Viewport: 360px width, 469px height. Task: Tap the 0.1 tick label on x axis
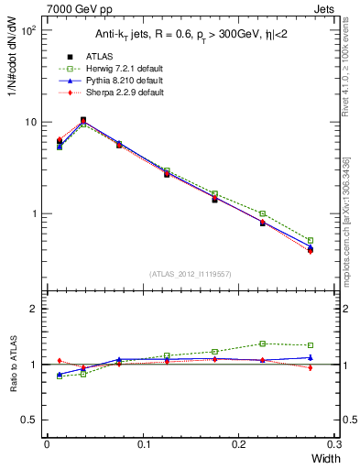tap(142, 443)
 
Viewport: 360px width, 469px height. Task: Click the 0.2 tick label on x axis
tap(238, 443)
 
